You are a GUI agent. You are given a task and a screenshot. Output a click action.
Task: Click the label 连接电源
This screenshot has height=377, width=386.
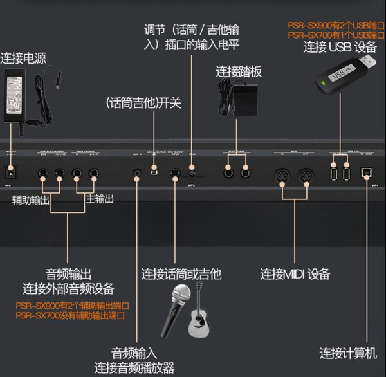click(x=24, y=56)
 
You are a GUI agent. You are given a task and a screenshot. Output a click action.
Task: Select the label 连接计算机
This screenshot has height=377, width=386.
click(x=348, y=353)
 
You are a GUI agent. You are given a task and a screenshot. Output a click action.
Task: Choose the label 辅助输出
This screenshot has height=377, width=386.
click(x=31, y=200)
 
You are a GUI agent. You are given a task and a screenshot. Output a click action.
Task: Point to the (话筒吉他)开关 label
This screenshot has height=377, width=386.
click(x=144, y=103)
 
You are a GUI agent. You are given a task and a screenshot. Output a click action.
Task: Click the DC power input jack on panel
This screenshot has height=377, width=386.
click(x=10, y=173)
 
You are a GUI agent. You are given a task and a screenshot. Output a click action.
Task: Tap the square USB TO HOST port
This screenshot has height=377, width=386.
click(x=367, y=172)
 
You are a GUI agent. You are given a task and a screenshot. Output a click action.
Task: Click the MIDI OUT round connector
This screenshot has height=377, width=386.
click(x=306, y=174)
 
